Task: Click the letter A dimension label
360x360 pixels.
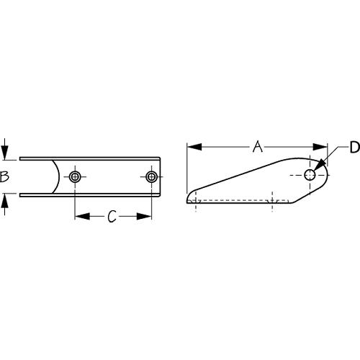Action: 257,148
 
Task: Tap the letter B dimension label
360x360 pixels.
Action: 5,177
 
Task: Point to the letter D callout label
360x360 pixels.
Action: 354,148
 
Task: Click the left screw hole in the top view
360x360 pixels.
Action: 75,177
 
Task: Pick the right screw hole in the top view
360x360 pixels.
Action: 151,177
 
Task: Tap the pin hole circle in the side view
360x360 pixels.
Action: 310,175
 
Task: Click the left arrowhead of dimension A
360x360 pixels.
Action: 192,148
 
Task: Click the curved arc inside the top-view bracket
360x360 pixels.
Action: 56,177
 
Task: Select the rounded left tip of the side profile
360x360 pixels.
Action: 189,198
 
